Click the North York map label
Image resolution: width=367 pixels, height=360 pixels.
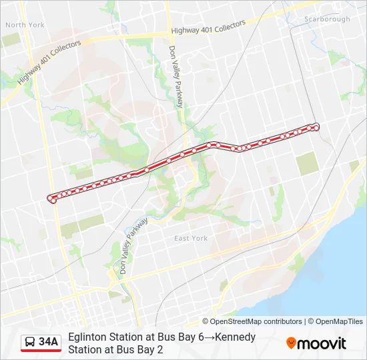pyautogui.click(x=25, y=25)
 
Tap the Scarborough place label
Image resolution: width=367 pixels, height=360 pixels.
pyautogui.click(x=327, y=19)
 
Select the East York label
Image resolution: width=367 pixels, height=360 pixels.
pyautogui.click(x=191, y=238)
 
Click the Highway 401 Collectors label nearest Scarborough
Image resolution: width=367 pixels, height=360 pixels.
pyautogui.click(x=208, y=27)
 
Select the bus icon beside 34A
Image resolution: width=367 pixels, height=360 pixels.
pyautogui.click(x=30, y=342)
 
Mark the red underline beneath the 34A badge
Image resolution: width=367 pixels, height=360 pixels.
pyautogui.click(x=41, y=351)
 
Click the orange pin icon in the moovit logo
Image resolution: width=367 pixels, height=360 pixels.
pyautogui.click(x=292, y=343)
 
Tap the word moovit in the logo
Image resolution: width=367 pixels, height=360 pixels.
pyautogui.click(x=322, y=343)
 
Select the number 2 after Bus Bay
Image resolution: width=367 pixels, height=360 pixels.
pyautogui.click(x=160, y=349)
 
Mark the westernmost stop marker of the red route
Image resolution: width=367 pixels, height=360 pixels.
pyautogui.click(x=50, y=198)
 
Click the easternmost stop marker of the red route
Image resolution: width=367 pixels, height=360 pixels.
pyautogui.click(x=316, y=126)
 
